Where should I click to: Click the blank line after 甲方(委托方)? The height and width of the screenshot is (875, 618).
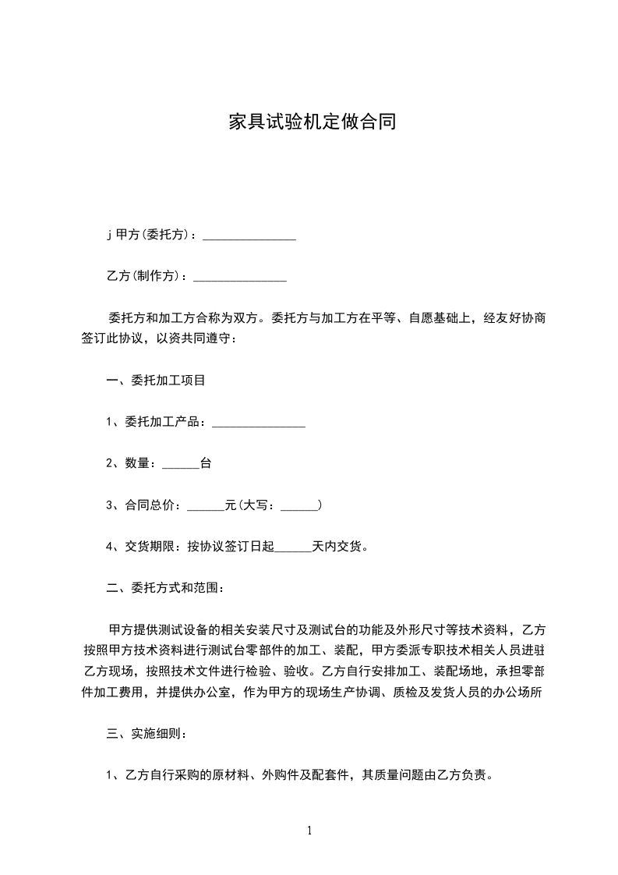point(249,237)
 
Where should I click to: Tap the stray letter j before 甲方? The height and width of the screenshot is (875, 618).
point(109,234)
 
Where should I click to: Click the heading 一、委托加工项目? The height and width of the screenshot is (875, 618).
point(156,381)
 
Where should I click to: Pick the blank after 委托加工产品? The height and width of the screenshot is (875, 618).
point(259,423)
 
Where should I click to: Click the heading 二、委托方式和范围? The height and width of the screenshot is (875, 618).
point(165,588)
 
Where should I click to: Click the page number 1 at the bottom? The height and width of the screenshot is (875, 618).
point(309,831)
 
